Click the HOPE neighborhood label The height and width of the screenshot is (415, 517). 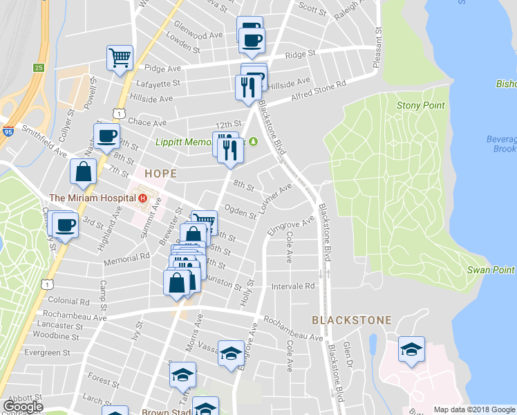pyautogui.click(x=160, y=173)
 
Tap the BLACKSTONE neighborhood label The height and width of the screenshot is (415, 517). pyautogui.click(x=352, y=320)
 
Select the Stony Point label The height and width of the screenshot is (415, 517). pyautogui.click(x=414, y=105)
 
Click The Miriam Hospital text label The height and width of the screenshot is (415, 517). pyautogui.click(x=93, y=199)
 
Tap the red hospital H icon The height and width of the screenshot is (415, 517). pyautogui.click(x=143, y=199)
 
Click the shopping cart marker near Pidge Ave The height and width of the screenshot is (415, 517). pyautogui.click(x=120, y=58)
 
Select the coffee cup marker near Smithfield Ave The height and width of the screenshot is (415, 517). pyautogui.click(x=106, y=136)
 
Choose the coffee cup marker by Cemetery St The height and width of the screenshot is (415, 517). pyautogui.click(x=65, y=225)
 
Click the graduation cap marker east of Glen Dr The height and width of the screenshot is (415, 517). pyautogui.click(x=411, y=349)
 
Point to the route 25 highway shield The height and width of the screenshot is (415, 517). pyautogui.click(x=39, y=68)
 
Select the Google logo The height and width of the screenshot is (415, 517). pyautogui.click(x=23, y=407)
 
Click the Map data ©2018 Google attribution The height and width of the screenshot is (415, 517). pyautogui.click(x=475, y=409)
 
